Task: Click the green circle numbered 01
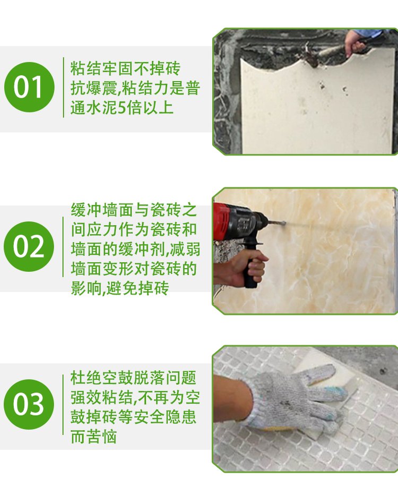pyautogui.click(x=29, y=87)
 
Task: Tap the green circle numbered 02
pyautogui.click(x=29, y=246)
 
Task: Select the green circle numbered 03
pyautogui.click(x=29, y=404)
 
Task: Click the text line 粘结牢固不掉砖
pyautogui.click(x=125, y=68)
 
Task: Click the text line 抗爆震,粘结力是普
pyautogui.click(x=135, y=88)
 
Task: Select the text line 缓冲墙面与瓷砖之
pyautogui.click(x=134, y=210)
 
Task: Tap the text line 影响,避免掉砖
pyautogui.click(x=120, y=288)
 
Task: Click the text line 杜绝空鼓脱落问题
pyautogui.click(x=133, y=378)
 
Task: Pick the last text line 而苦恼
pyautogui.click(x=93, y=436)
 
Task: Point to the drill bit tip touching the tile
pyautogui.click(x=284, y=222)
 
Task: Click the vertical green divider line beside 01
pyautogui.click(x=63, y=87)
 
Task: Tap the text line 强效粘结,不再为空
pyautogui.click(x=135, y=397)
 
